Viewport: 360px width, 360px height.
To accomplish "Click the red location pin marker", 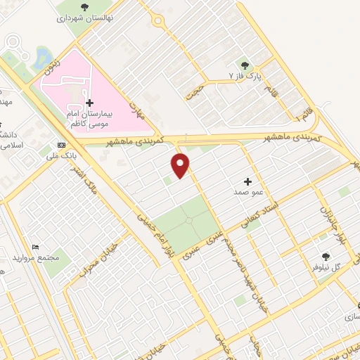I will (181, 165).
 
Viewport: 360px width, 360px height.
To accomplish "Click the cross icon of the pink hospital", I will (89, 103).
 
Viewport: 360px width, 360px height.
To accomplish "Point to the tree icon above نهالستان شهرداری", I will (84, 8).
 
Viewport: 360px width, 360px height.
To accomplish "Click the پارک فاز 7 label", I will (245, 75).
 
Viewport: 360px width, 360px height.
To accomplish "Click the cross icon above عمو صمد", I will (247, 181).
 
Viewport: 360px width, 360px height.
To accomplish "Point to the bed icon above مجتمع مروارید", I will (36, 247).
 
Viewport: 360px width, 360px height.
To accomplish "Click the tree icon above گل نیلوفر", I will (325, 257).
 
